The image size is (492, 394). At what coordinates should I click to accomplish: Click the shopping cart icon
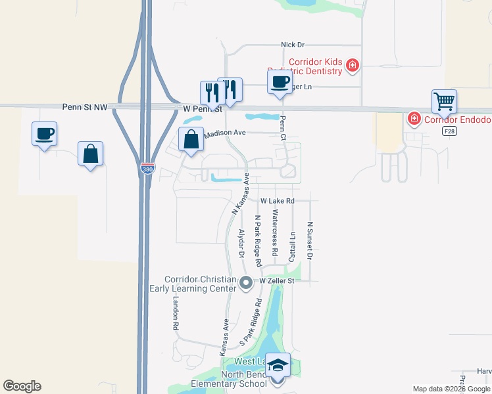point(445,102)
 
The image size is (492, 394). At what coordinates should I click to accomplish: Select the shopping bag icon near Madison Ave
point(191,140)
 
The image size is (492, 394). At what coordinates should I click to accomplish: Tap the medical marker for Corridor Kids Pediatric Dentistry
point(353,65)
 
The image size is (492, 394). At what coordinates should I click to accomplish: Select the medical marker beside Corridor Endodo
point(414,119)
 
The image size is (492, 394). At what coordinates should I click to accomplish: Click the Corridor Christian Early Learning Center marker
point(247,284)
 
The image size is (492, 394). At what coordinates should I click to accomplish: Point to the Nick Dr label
point(293,45)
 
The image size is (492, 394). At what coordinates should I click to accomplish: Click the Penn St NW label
point(85,106)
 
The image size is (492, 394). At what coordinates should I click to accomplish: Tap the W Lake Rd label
point(276,201)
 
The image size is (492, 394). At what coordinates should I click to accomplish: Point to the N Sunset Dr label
point(309,240)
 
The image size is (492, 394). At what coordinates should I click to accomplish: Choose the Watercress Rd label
point(275,232)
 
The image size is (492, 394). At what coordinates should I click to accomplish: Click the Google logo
point(22,386)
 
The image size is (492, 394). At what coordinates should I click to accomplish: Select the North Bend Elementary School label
point(243,380)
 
